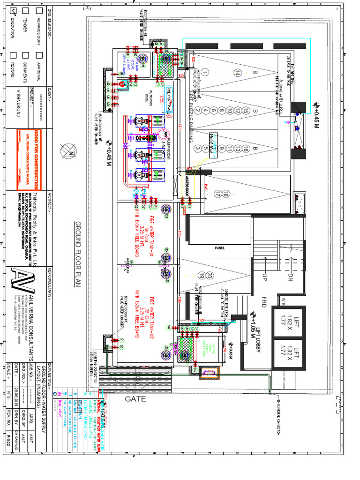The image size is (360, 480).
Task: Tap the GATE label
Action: (x=135, y=399)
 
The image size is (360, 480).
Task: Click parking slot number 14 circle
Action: (x=237, y=74)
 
